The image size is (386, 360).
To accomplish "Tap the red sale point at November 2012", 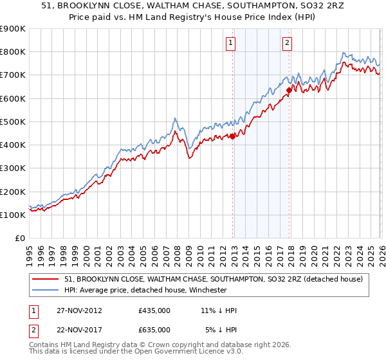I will pos(232,136).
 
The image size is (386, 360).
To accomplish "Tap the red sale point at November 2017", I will pos(289,90).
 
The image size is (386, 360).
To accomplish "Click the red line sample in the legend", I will pos(46,279).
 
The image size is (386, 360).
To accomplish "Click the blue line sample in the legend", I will pos(46,290).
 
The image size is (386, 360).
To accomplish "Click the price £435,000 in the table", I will pos(154,310).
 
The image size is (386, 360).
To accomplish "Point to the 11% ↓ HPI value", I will pos(219,310).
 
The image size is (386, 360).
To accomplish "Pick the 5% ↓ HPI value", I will pos(221,329).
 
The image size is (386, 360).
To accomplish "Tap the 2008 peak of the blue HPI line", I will pos(174,118).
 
